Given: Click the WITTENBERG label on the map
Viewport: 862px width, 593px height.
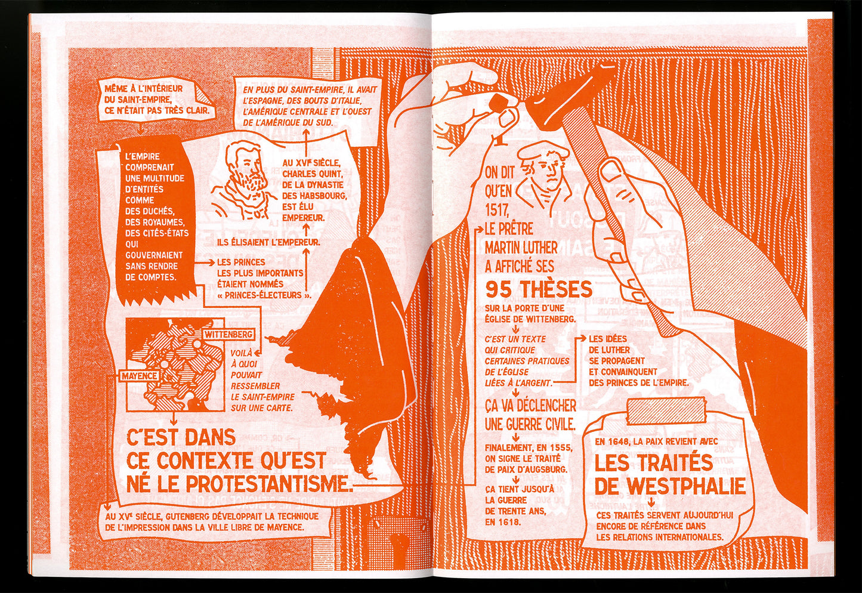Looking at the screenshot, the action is tap(228, 334).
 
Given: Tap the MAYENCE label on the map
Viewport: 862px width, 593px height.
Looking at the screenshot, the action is tap(139, 376).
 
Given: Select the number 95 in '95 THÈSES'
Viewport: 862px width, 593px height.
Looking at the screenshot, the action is tap(500, 289).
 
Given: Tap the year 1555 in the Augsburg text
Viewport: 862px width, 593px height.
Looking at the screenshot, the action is tap(562, 448).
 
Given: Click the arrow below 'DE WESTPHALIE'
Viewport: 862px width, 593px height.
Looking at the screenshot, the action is tap(651, 502).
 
